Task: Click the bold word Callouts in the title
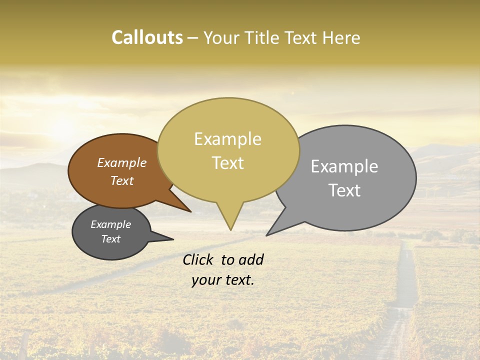point(147,38)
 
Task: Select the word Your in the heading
point(223,38)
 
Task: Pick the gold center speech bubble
point(228,185)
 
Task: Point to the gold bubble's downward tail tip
point(230,229)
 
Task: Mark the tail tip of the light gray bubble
point(267,234)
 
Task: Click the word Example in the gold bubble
point(227,139)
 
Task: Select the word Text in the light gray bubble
point(344,190)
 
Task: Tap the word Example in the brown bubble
point(121,163)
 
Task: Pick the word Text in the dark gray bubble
point(111,239)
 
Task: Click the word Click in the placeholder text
point(198,259)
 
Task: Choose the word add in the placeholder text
point(250,259)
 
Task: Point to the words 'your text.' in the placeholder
point(223,280)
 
